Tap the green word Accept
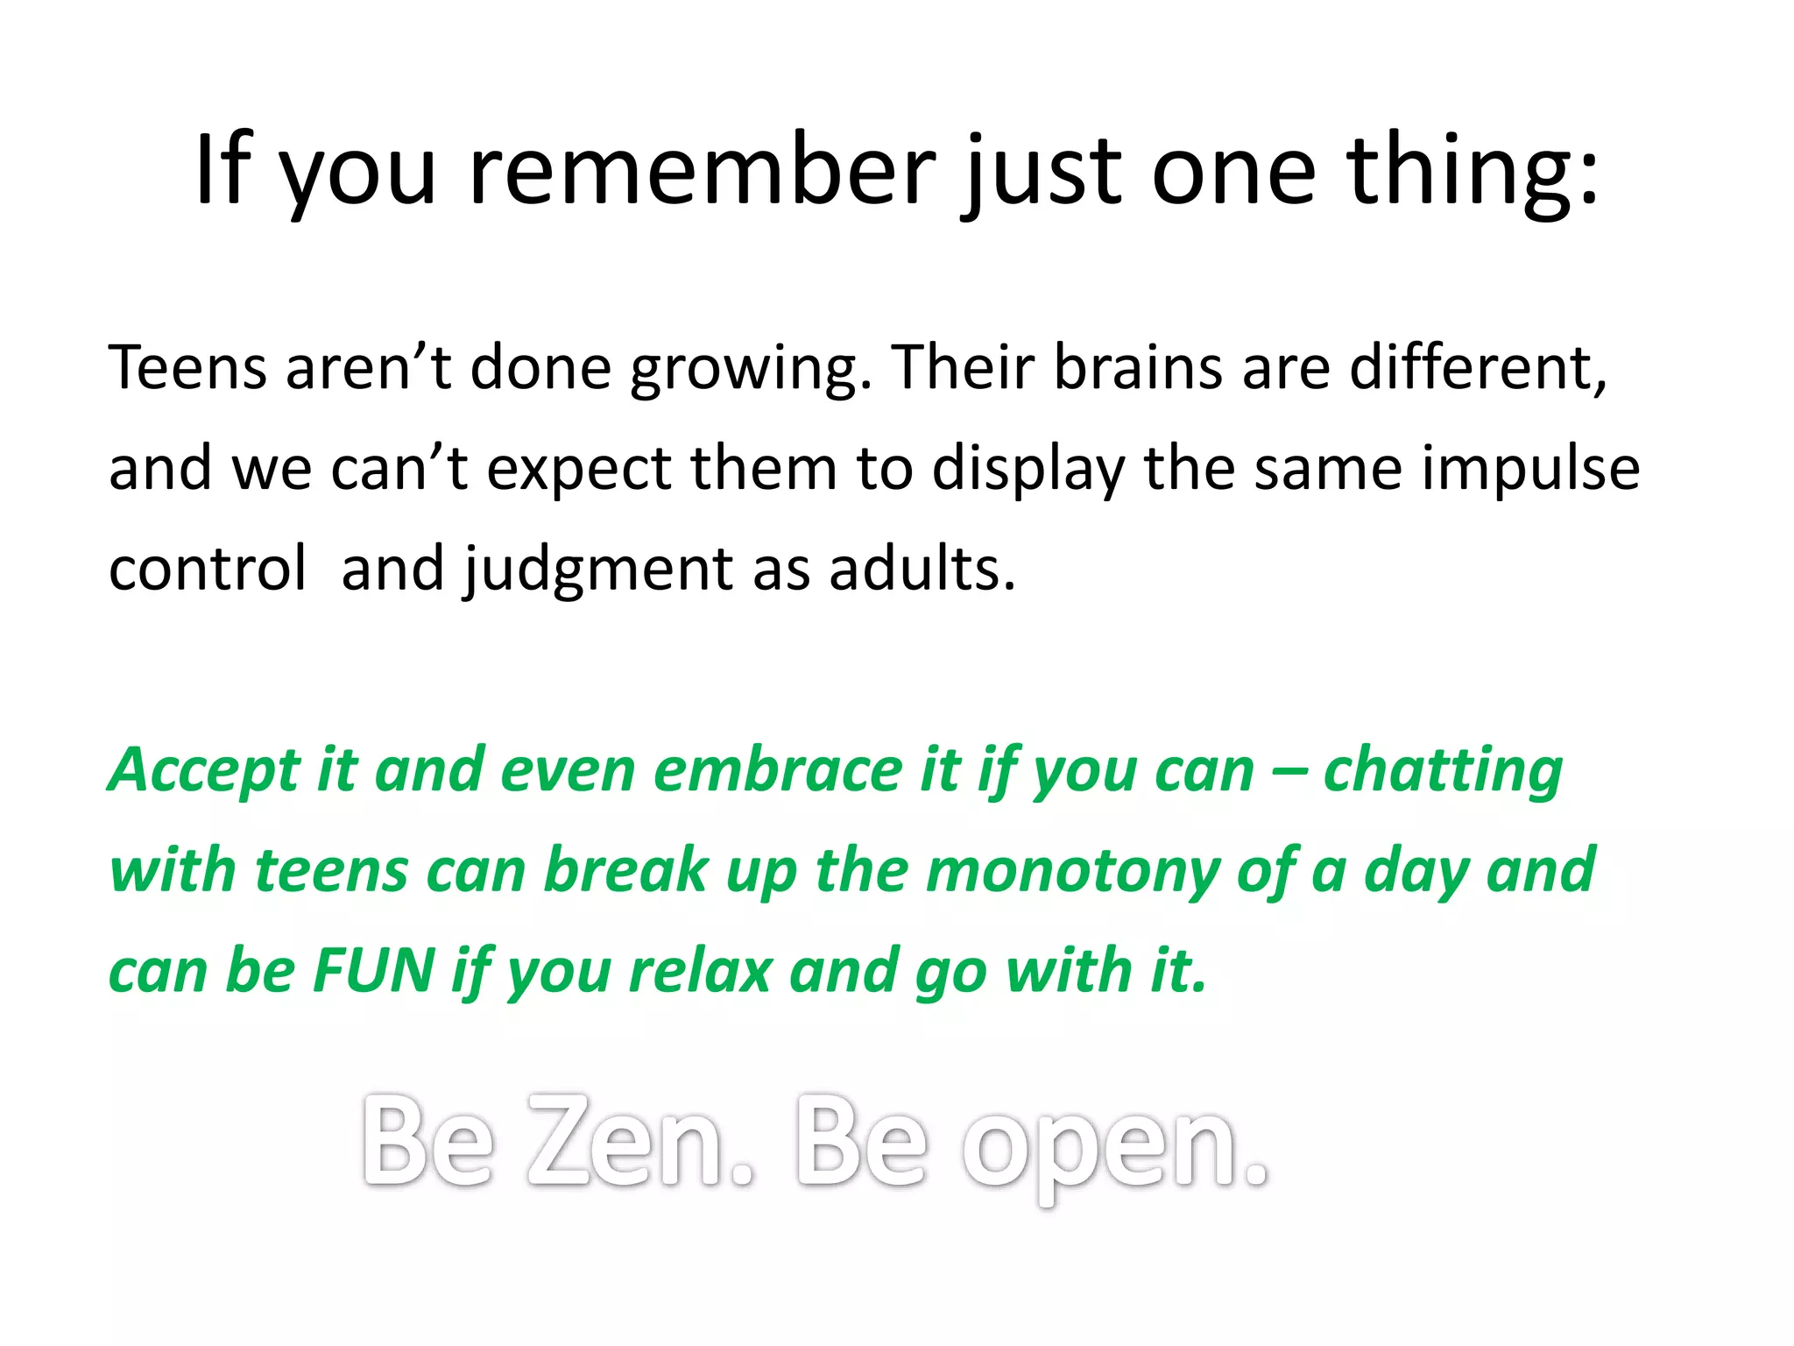pos(203,772)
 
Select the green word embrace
pos(778,770)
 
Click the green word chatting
pos(1443,772)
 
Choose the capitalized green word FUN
pos(373,971)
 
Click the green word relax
pos(700,971)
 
